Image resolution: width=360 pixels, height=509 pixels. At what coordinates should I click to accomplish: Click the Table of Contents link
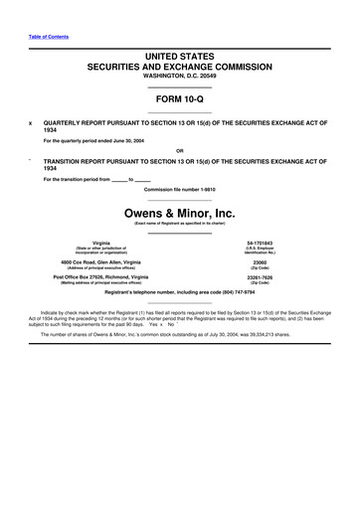(46, 36)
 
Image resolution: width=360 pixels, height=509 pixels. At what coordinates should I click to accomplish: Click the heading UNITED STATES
(180, 60)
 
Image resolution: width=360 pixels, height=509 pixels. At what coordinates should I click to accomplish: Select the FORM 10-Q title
(180, 101)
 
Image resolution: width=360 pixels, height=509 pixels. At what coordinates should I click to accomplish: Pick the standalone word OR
(180, 150)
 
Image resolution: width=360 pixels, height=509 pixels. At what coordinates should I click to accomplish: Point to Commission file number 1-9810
(180, 188)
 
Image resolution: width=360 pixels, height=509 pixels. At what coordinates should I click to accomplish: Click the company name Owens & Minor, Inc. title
(180, 212)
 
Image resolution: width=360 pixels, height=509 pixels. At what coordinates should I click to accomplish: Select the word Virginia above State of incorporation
(100, 243)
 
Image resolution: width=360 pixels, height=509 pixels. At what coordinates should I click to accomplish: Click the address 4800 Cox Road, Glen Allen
(100, 262)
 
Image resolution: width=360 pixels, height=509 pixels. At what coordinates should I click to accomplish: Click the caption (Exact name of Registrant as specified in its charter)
(180, 225)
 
